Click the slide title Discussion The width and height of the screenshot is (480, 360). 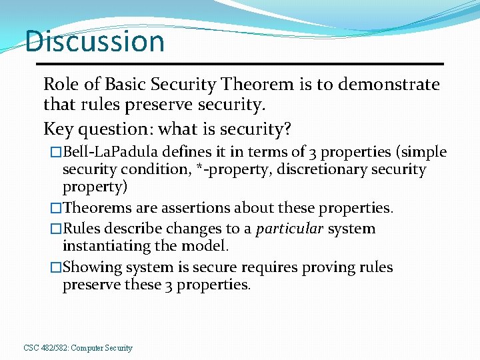tap(95, 41)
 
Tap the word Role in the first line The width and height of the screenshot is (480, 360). tap(58, 85)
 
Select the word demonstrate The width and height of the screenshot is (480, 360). tap(389, 85)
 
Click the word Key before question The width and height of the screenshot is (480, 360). tap(56, 128)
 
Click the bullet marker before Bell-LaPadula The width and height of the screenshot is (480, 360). tap(57, 153)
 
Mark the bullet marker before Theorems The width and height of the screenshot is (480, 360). tap(57, 209)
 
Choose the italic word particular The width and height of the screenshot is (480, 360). tap(289, 229)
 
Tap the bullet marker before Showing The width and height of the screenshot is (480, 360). tap(57, 268)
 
